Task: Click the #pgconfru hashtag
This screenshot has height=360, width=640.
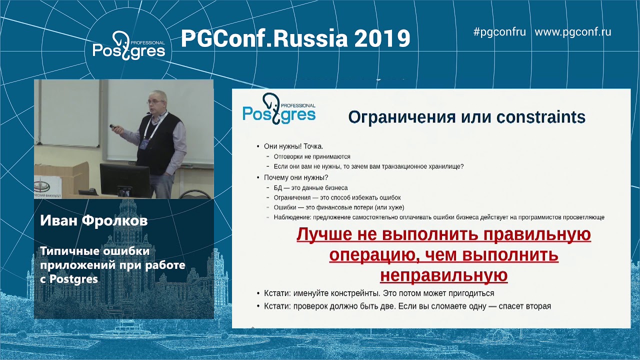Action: click(x=499, y=32)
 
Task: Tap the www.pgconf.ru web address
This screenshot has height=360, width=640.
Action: click(x=573, y=32)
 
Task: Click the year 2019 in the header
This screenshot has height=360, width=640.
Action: click(x=382, y=38)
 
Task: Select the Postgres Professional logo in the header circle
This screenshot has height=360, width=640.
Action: click(x=128, y=45)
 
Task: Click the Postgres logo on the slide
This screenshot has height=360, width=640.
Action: click(x=279, y=108)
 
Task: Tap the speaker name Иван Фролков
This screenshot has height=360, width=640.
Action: click(x=93, y=220)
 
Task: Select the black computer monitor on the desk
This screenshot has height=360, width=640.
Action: click(x=125, y=179)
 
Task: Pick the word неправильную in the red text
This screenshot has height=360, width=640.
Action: click(x=443, y=275)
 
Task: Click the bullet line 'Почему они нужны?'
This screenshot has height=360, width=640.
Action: click(x=296, y=177)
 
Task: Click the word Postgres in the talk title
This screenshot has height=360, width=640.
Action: click(x=73, y=279)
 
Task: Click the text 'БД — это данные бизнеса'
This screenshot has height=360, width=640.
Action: click(x=310, y=188)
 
